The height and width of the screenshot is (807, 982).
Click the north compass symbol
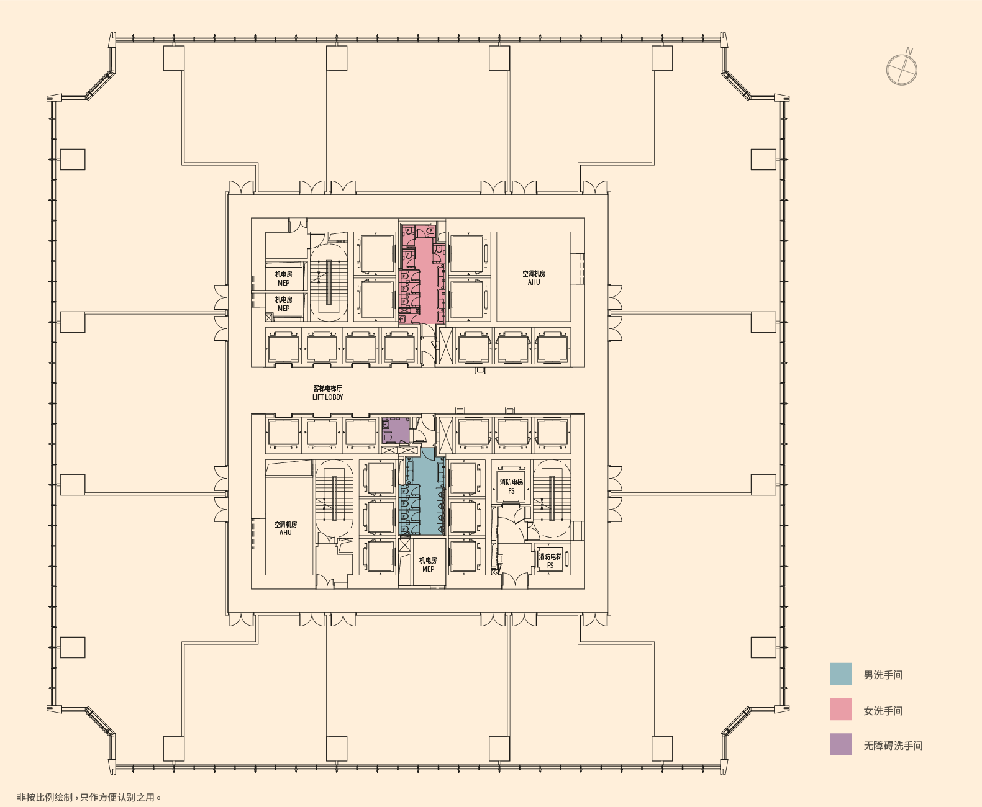(901, 69)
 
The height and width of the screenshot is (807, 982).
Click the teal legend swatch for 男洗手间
(840, 674)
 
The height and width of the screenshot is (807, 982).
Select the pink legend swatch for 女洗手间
(840, 710)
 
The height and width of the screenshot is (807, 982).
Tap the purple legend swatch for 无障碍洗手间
(840, 744)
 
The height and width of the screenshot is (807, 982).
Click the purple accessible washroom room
(396, 430)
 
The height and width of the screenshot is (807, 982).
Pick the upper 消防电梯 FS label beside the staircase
(511, 486)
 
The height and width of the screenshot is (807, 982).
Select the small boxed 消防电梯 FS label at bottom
(550, 561)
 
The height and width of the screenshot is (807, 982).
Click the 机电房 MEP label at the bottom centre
(428, 564)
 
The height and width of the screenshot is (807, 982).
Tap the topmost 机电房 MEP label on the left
(283, 278)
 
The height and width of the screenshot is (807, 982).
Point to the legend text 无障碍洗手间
(893, 746)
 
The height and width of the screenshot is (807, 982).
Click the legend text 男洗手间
(883, 675)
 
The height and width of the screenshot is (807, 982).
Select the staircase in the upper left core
(329, 282)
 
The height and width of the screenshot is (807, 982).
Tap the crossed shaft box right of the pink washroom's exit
(445, 346)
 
